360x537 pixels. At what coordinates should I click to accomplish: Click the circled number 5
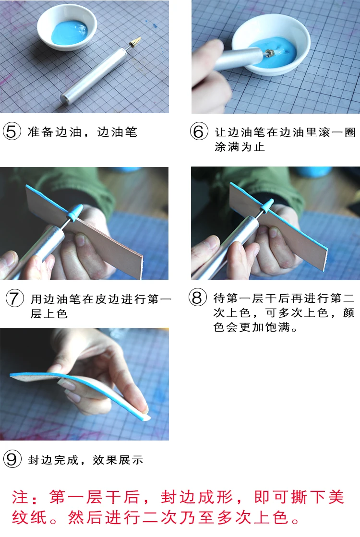pos(12,131)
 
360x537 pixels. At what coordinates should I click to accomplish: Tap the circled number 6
pos(199,131)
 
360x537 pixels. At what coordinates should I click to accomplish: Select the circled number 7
pos(15,298)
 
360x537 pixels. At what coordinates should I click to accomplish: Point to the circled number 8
pos(198,297)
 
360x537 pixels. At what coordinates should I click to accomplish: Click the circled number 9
pos(12,459)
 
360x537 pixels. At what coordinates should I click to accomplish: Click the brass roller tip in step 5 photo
pos(135,42)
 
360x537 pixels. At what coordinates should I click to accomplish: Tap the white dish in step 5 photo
pos(67,27)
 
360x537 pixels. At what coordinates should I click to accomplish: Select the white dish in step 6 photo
pos(271,45)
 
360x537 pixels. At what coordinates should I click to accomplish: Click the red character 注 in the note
pos(20,497)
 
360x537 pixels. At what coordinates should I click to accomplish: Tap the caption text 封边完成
pos(53,460)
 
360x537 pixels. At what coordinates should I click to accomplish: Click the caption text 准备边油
pos(54,132)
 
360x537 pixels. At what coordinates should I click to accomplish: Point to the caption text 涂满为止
pos(240,146)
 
